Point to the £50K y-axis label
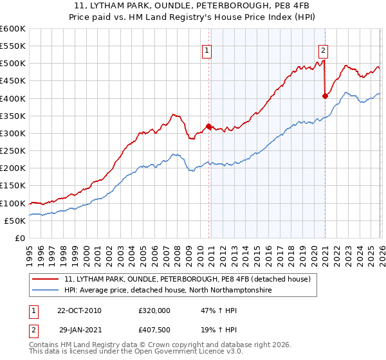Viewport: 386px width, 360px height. (14, 221)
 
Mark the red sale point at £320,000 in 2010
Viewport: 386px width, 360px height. (208, 126)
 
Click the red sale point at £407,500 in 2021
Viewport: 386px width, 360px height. (325, 96)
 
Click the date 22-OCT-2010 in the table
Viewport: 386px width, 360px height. (79, 310)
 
